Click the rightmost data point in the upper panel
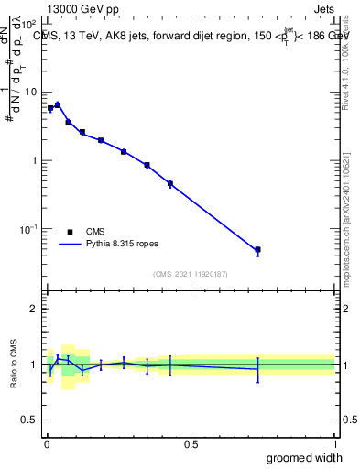pyautogui.click(x=257, y=249)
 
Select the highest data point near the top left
pyautogui.click(x=58, y=105)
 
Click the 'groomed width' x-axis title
pyautogui.click(x=304, y=457)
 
